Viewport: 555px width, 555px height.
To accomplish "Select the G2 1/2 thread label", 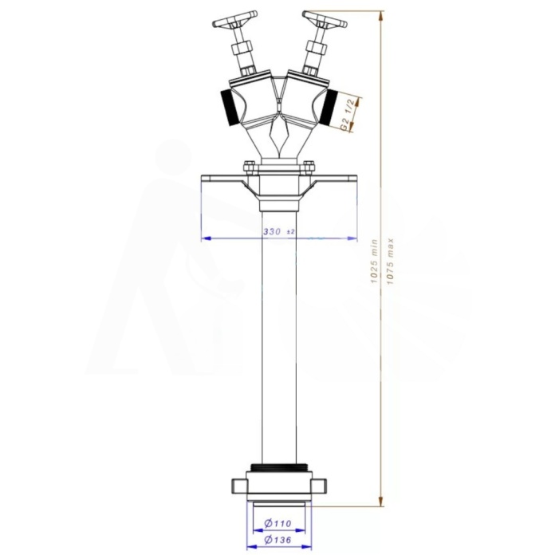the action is [347, 114].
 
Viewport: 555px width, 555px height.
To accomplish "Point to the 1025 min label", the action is [375, 262].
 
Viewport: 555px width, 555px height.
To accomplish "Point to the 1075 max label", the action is [390, 262].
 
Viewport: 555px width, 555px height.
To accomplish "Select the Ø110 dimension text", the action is [277, 523].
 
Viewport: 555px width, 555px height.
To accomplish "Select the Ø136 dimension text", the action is [277, 540].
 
